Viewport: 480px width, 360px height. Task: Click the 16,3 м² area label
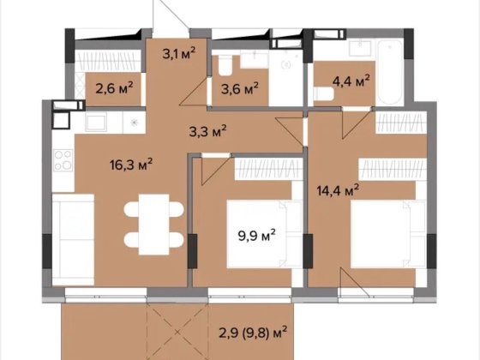pos(131,165)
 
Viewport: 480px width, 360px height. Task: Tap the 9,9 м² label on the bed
pos(257,236)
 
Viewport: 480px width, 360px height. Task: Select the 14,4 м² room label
pos(338,190)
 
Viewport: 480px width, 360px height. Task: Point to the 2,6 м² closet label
pos(114,88)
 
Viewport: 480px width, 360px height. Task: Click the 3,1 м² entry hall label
pos(179,53)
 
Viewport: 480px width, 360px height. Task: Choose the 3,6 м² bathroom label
pos(240,89)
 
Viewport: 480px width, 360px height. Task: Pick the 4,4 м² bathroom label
pos(351,81)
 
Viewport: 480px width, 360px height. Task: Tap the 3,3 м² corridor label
pos(207,131)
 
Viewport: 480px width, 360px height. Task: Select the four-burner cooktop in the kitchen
pos(63,160)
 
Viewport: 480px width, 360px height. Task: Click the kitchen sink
pos(96,122)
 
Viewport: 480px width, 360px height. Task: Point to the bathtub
pos(389,72)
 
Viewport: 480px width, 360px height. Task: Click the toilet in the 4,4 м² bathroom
pos(324,94)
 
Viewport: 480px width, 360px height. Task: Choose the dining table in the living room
pos(153,225)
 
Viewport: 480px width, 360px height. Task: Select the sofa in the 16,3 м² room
pos(73,240)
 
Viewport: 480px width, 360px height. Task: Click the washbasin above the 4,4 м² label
pos(360,48)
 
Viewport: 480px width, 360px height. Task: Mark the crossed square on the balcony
pos(178,332)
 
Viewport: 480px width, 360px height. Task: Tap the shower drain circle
pos(286,64)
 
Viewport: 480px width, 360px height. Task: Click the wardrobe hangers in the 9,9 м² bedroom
pos(267,170)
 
